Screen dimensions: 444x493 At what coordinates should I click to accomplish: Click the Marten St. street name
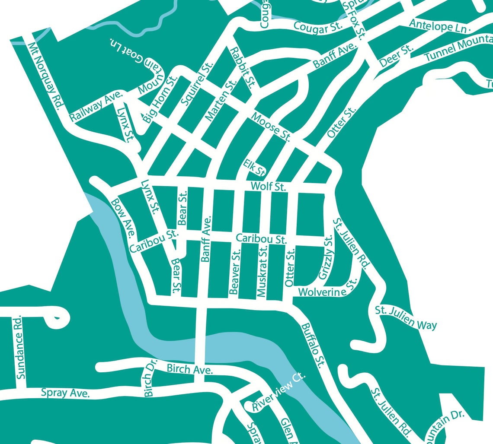tap(220, 100)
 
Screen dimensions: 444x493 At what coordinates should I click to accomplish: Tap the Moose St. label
tap(270, 126)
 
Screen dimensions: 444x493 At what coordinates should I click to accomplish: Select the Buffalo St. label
tap(313, 345)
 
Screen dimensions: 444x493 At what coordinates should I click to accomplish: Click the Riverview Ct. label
tap(279, 392)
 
